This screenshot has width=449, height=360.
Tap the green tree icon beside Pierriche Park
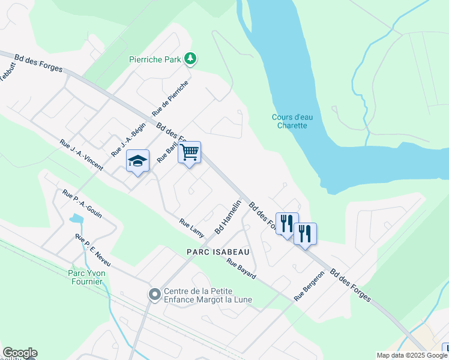click(190, 58)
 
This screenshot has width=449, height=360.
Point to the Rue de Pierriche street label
click(170, 98)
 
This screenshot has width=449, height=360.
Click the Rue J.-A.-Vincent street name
click(81, 152)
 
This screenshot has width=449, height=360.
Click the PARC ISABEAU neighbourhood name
click(218, 252)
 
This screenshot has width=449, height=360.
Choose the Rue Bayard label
click(241, 269)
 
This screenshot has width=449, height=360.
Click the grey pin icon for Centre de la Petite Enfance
click(154, 294)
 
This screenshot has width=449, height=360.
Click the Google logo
click(20, 353)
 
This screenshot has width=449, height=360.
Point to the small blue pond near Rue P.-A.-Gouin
click(76, 218)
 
